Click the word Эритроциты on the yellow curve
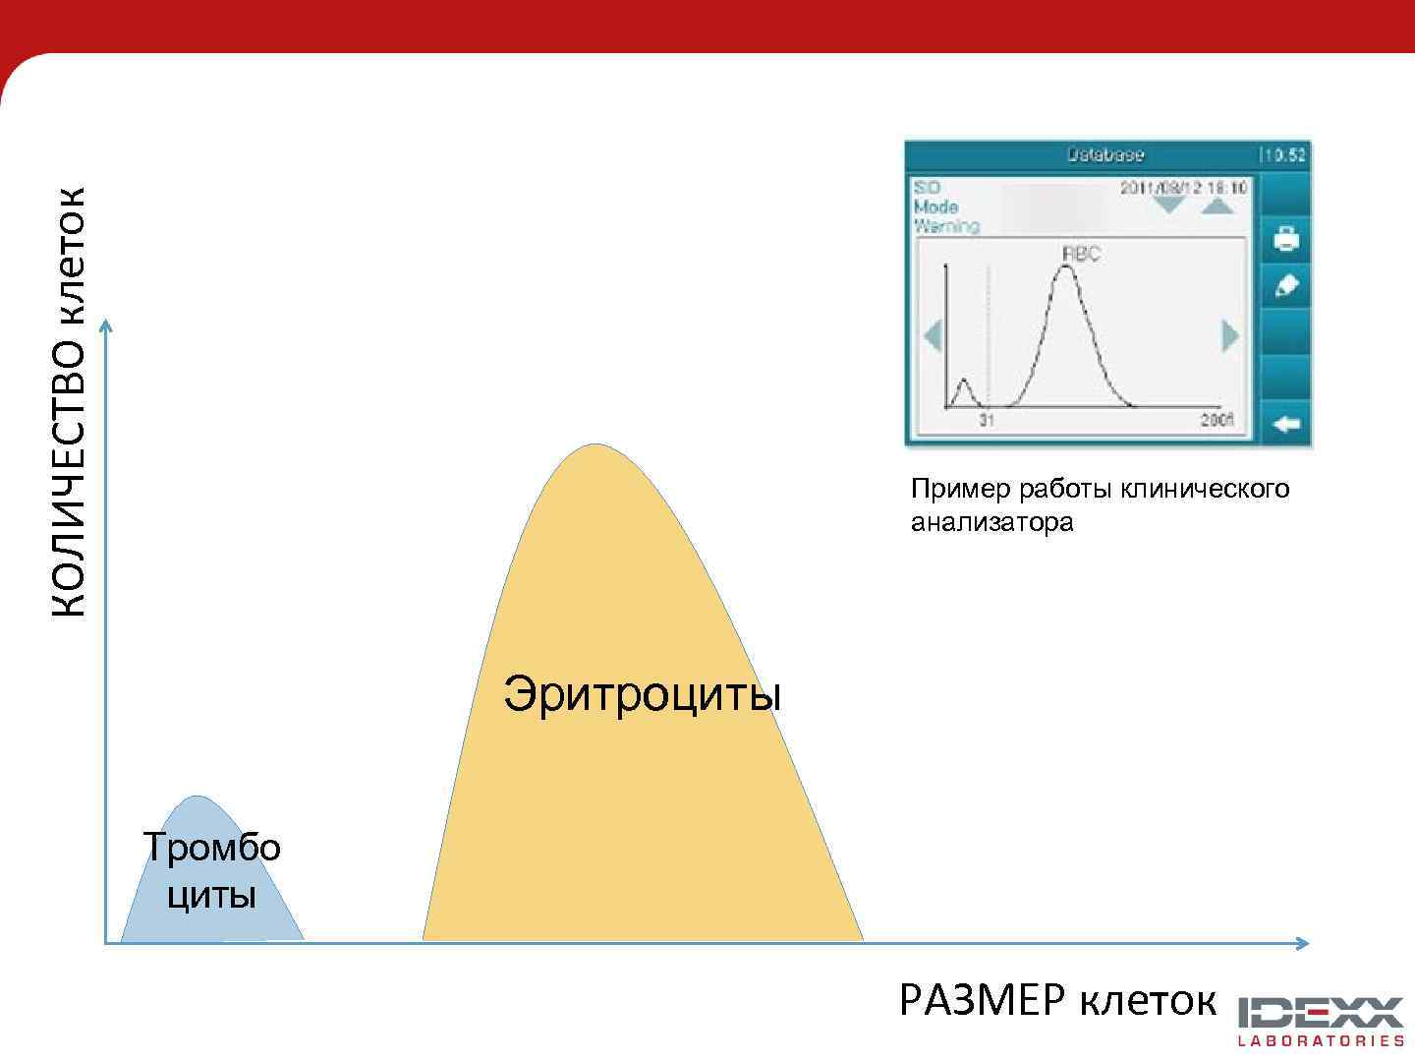642,694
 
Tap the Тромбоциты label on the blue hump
211,870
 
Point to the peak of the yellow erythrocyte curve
594,445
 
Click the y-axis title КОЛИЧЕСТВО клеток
69,402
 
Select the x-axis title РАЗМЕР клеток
1057,1001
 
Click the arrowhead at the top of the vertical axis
106,324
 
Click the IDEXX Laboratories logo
1320,1021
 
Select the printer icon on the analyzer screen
1285,238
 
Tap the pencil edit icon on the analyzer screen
1285,286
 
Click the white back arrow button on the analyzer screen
1285,425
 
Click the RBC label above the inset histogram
1081,254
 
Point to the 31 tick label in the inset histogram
987,421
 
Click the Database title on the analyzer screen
1104,154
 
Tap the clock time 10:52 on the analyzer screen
1284,154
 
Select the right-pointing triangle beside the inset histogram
1229,336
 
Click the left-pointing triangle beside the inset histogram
933,336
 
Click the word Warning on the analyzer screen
946,226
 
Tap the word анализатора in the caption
991,522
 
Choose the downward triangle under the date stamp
1169,205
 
